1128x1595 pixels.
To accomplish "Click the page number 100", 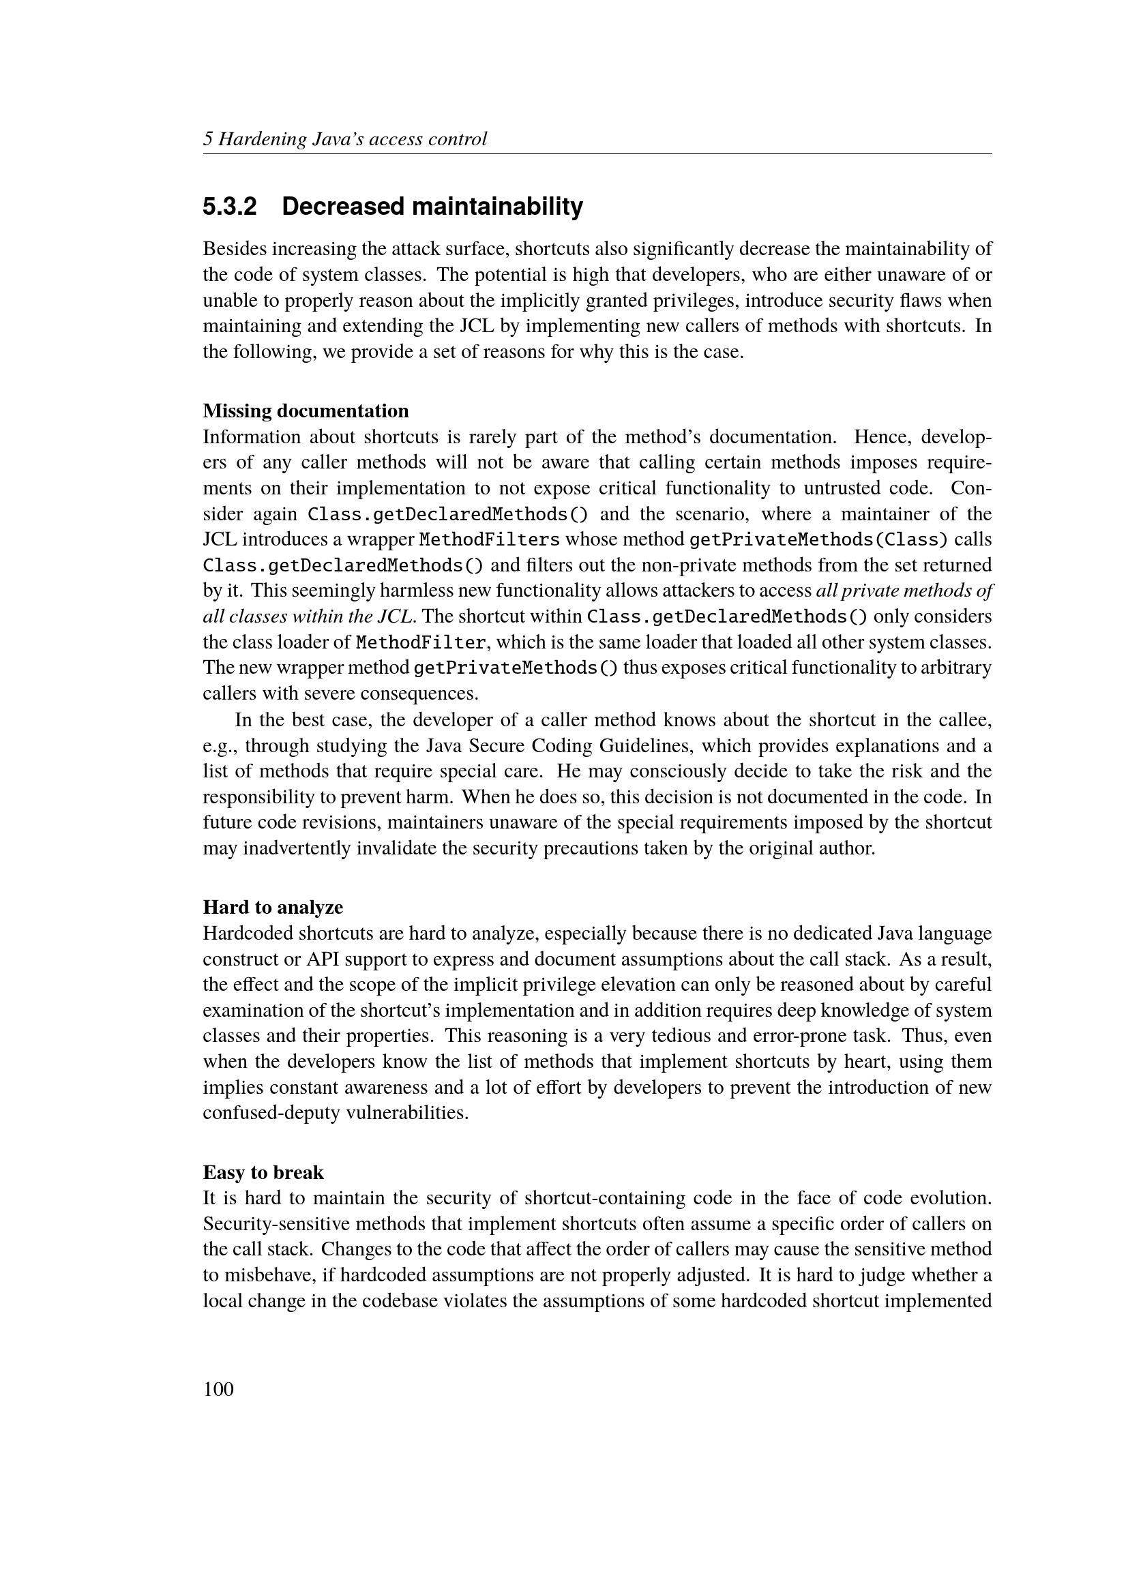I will [218, 1389].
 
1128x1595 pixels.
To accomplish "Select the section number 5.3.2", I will [230, 207].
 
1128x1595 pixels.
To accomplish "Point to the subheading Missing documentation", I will [306, 411].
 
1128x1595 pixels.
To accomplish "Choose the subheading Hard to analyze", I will [273, 907].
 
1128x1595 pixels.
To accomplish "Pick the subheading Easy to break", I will [263, 1173].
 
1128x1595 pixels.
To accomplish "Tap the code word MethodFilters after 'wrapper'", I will [490, 540].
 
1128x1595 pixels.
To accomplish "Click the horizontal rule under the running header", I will [597, 154].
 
